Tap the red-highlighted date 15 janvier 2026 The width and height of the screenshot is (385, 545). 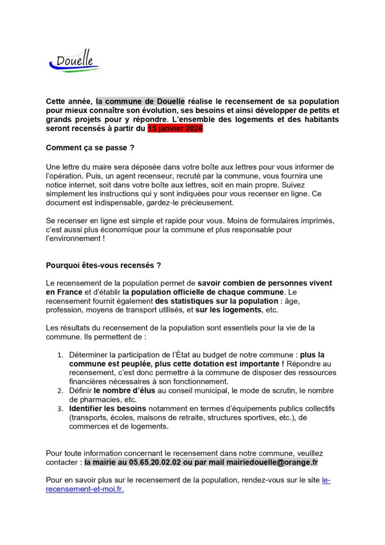click(175, 129)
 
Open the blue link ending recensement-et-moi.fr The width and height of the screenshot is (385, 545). click(85, 489)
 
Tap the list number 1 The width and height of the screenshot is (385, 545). click(60, 355)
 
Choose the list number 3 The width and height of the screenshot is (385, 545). click(60, 409)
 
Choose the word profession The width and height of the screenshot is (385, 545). click(65, 310)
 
